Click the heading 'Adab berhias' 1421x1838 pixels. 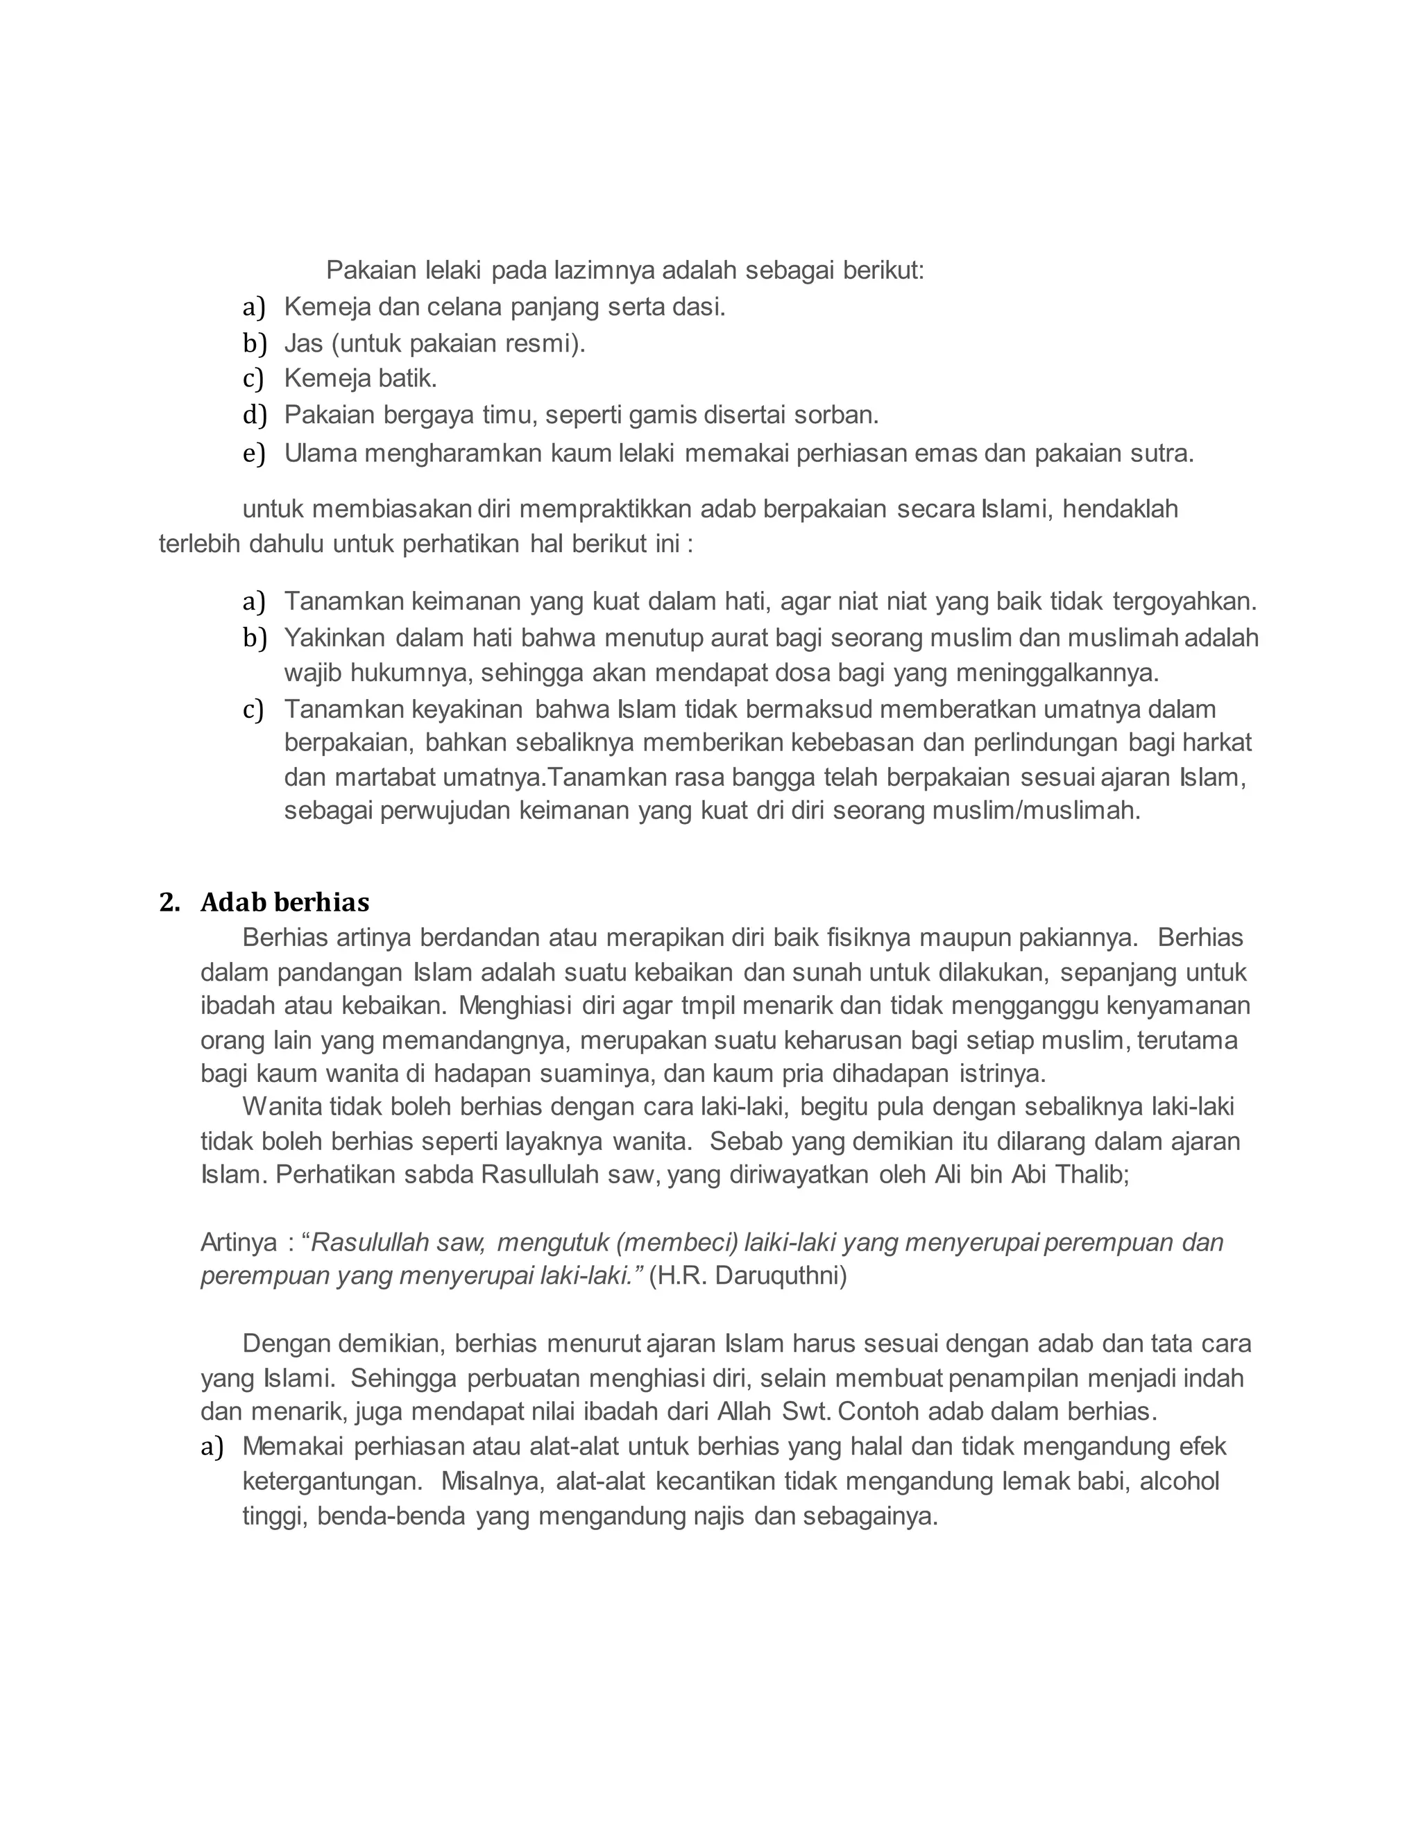(284, 902)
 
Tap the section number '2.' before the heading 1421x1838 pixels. (169, 902)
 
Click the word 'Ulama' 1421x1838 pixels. (321, 454)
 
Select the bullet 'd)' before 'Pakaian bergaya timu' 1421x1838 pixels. (253, 415)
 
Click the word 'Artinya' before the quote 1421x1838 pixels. (238, 1242)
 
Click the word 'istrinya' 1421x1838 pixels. (1001, 1074)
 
